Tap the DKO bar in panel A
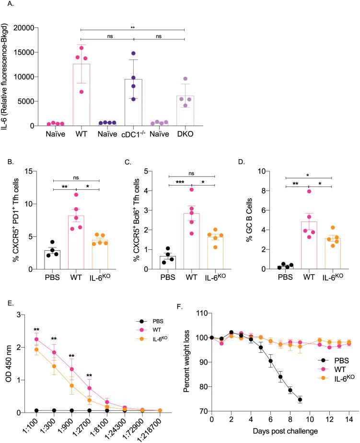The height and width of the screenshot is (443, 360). point(185,111)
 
